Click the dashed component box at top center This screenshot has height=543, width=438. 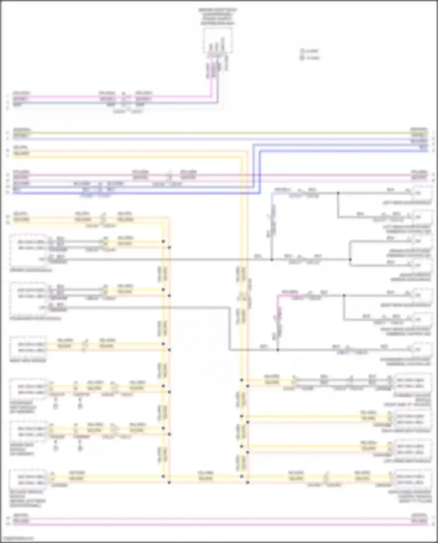(x=218, y=41)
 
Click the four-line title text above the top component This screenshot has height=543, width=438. (x=218, y=16)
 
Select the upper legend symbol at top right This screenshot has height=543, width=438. (x=302, y=51)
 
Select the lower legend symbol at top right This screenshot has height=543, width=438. (x=302, y=58)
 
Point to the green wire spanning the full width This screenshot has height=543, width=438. (x=219, y=133)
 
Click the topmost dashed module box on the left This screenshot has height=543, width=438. (x=28, y=250)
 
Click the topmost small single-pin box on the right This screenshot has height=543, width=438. (x=422, y=193)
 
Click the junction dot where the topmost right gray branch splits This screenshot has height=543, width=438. (x=338, y=193)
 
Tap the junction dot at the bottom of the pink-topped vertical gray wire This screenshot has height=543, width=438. (x=278, y=350)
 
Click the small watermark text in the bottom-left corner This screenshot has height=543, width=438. (x=18, y=538)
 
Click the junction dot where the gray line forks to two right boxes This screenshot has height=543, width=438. (x=350, y=259)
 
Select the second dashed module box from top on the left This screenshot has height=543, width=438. (x=28, y=298)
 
